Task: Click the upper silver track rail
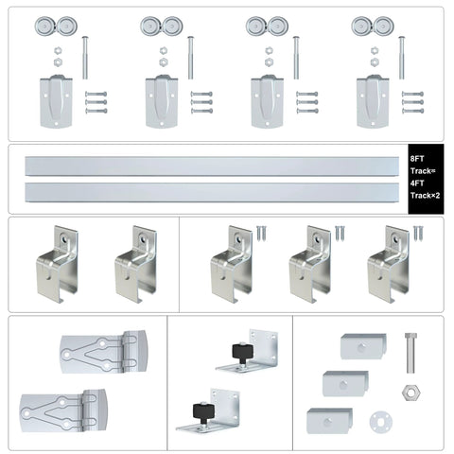pyautogui.click(x=213, y=166)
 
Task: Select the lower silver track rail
pyautogui.click(x=213, y=193)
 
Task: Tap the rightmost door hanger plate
pyautogui.click(x=371, y=100)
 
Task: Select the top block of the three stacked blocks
pyautogui.click(x=361, y=346)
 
